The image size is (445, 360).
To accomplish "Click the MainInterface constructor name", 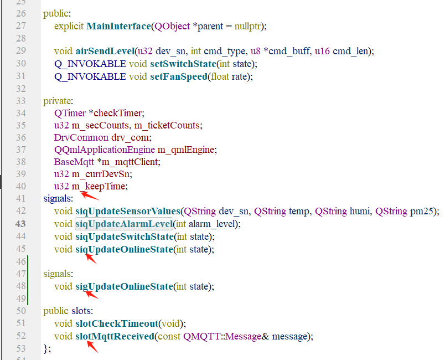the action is (x=119, y=26).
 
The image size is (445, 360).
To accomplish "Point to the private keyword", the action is (x=58, y=101).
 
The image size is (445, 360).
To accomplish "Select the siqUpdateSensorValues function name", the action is (x=128, y=211).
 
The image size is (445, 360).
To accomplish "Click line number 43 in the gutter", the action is (x=21, y=224).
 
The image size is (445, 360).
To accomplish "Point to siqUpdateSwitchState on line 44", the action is (x=124, y=236).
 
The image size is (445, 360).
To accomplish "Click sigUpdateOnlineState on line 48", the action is (x=124, y=286).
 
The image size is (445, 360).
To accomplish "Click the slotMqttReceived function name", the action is (x=114, y=336).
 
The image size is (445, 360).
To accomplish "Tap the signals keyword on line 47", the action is (x=58, y=274).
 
